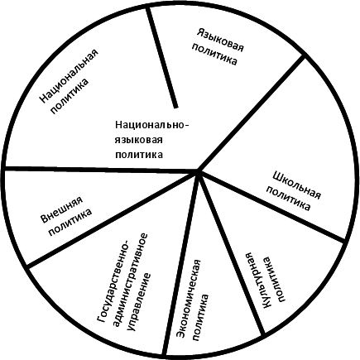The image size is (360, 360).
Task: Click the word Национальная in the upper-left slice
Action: [69, 77]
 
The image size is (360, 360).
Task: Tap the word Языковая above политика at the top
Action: [221, 40]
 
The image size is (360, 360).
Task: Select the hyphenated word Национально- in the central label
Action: [152, 125]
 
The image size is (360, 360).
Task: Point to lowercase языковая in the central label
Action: [139, 140]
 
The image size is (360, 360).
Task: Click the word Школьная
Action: [296, 185]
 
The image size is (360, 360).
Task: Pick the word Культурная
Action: [257, 281]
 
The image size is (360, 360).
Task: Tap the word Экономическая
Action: [190, 299]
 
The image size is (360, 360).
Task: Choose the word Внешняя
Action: [62, 209]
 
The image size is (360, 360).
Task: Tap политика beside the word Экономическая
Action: [201, 318]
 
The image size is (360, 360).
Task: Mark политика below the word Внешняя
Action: [70, 223]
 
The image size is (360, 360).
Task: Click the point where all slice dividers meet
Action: [198, 171]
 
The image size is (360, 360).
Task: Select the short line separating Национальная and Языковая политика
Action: [162, 57]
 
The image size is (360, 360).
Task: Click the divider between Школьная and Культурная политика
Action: [271, 207]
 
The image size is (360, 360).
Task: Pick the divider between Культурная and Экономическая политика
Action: [231, 253]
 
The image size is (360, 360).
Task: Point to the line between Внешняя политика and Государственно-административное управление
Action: [113, 218]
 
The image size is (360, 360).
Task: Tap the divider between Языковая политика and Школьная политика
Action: [252, 114]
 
